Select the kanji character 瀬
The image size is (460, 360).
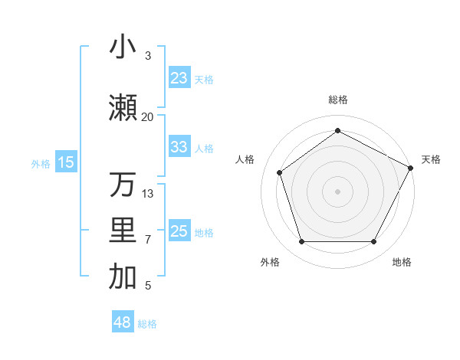pos(123,107)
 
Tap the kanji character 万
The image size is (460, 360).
pos(123,185)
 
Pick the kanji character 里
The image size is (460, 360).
pos(123,231)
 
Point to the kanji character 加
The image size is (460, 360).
pos(123,277)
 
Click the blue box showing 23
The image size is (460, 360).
pos(179,78)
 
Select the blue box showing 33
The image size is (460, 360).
pos(179,147)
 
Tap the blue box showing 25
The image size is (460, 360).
pos(179,231)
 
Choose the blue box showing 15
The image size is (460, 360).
pos(66,162)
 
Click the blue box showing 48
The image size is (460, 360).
pos(123,322)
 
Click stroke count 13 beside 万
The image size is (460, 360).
pos(148,194)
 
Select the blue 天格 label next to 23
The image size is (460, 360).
pos(203,79)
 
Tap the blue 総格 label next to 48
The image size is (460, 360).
pos(147,324)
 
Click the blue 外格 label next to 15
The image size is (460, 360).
pos(41,163)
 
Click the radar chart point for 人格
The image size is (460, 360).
pos(280,172)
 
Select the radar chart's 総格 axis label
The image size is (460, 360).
pos(337,100)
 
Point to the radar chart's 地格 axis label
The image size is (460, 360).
pos(402,263)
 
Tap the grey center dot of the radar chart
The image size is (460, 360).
pos(337,191)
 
